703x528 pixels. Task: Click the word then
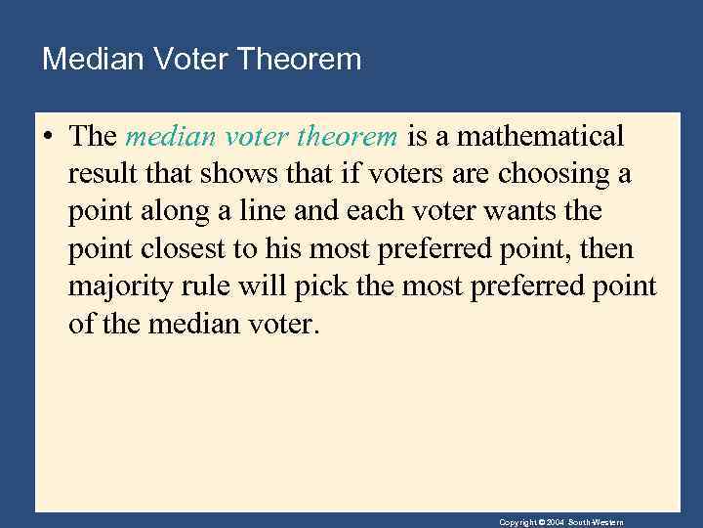tap(606, 249)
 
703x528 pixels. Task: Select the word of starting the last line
tap(80, 325)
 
